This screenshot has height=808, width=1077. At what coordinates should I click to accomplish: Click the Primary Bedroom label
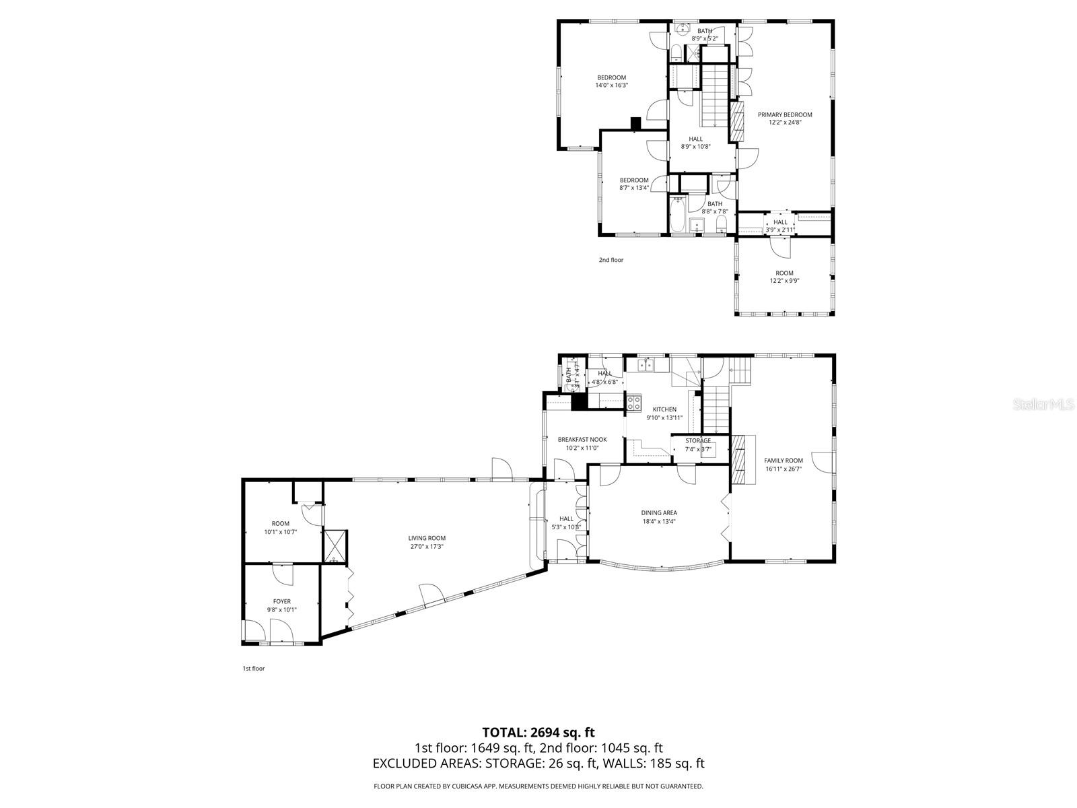click(x=784, y=115)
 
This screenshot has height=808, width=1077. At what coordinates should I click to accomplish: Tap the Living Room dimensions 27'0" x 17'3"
click(x=427, y=547)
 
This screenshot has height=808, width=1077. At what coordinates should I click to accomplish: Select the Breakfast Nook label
click(x=582, y=440)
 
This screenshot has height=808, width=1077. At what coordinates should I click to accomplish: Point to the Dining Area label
click(x=659, y=513)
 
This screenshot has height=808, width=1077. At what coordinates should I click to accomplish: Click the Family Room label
click(x=784, y=461)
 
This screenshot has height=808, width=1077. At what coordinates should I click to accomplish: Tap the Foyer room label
click(x=281, y=601)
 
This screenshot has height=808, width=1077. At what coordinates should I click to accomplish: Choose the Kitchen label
click(x=664, y=409)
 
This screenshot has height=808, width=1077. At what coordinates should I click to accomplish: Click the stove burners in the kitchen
click(x=634, y=403)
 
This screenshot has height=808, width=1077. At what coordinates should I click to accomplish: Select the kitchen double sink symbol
click(x=646, y=364)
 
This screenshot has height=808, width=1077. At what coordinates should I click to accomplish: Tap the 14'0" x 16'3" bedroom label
click(x=611, y=77)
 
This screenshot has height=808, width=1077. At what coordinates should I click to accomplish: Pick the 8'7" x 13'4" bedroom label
click(x=634, y=180)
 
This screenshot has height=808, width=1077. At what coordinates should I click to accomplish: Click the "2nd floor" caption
click(x=611, y=260)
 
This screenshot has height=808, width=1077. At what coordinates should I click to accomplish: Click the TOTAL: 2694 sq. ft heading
click(x=538, y=733)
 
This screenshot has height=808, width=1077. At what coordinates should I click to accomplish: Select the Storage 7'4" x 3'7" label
click(x=698, y=441)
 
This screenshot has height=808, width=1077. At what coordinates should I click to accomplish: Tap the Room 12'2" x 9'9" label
click(x=784, y=273)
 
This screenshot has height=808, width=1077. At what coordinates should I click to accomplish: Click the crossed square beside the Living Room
click(x=335, y=545)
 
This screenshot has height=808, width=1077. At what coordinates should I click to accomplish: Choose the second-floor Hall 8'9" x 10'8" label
click(x=695, y=139)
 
